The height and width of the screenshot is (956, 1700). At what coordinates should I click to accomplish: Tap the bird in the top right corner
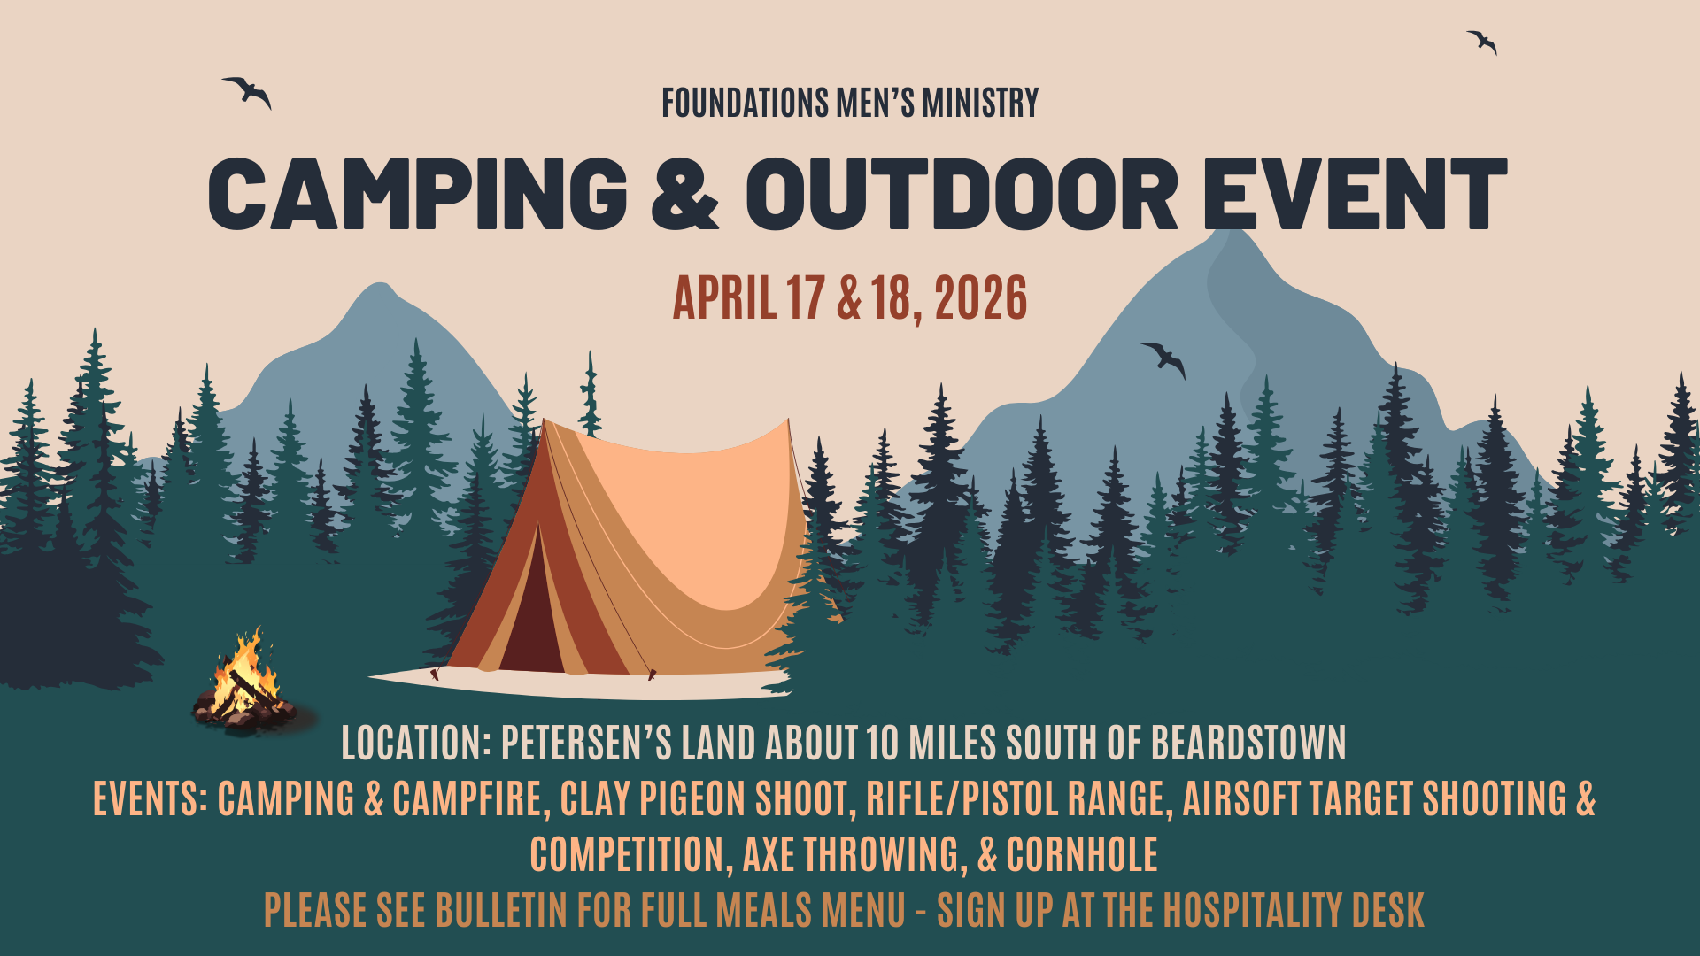[x=1482, y=42]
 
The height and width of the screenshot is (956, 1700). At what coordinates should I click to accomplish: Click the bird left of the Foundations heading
[x=248, y=91]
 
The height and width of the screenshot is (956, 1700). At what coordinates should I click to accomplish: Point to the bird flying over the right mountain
[x=1163, y=359]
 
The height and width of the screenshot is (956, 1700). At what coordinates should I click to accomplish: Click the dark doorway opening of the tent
[x=534, y=611]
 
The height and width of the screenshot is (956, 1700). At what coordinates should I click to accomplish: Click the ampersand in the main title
[x=684, y=194]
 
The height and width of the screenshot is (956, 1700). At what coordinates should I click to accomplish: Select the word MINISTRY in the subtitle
[x=980, y=104]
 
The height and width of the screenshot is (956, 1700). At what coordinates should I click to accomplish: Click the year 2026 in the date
[x=981, y=298]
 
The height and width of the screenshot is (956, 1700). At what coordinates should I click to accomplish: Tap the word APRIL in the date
[x=725, y=298]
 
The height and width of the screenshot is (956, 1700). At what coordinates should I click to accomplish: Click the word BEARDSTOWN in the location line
[x=1248, y=743]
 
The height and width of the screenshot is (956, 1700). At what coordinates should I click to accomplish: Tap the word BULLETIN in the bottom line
[x=501, y=911]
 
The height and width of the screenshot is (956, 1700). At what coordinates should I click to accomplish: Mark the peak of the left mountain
[x=381, y=284]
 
